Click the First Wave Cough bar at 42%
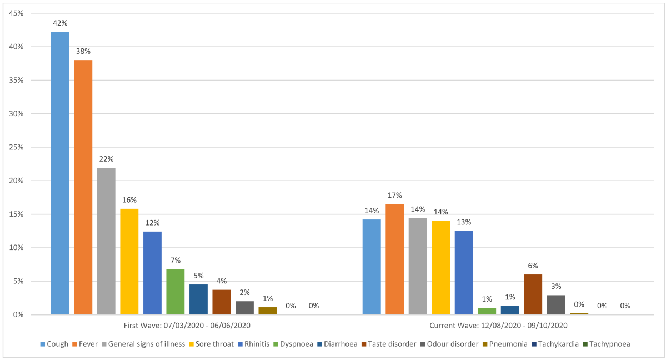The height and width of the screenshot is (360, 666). coord(60,173)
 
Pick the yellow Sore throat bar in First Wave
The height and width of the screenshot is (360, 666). coord(129,262)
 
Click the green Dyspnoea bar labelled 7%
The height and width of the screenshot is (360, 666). coord(175,292)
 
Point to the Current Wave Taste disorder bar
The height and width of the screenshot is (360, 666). coord(533,294)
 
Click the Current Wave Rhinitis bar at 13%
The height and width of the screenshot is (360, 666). coord(464,273)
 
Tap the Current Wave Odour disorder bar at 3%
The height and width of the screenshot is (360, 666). coord(556,305)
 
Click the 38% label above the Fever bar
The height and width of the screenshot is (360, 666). coord(83,52)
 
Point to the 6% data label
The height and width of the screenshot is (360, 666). coord(533,266)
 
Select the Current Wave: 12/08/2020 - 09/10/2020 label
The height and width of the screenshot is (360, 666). coord(498,325)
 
